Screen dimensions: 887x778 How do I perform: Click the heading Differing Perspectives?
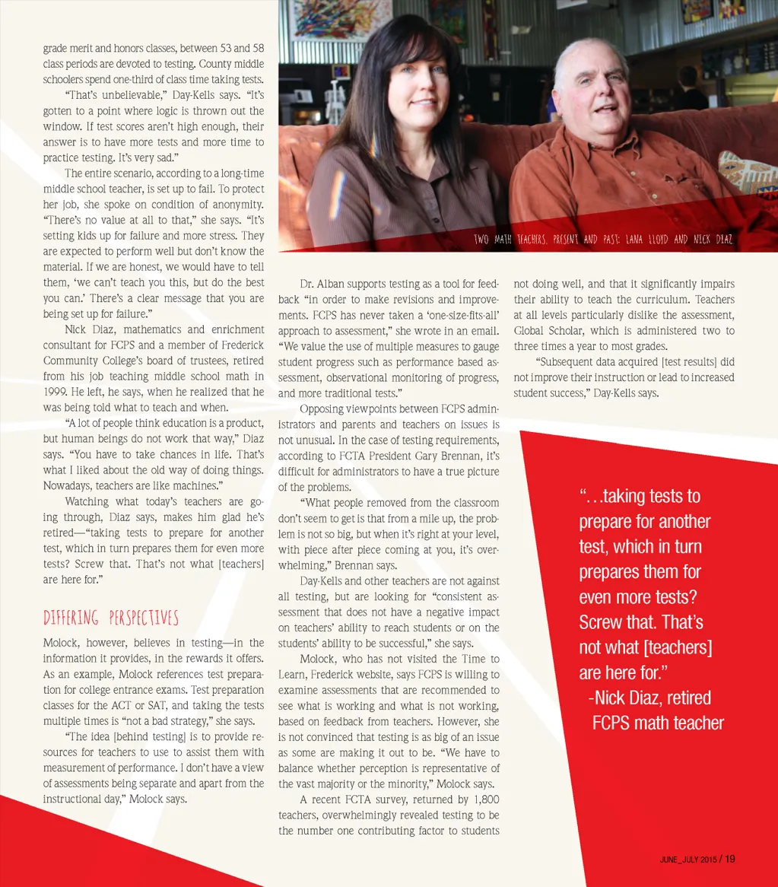tap(111, 617)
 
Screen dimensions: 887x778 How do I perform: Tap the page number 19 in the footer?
tap(729, 859)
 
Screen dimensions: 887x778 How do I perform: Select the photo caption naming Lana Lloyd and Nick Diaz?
tap(603, 240)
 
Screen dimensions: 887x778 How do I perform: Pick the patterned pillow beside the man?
tap(748, 172)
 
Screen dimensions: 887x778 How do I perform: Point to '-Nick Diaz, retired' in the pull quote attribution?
tap(650, 698)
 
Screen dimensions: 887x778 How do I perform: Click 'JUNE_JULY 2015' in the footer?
tap(687, 860)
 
